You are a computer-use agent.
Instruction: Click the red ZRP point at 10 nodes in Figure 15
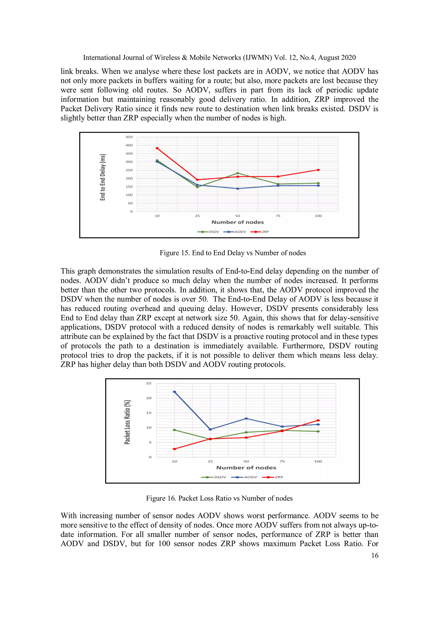[157, 148]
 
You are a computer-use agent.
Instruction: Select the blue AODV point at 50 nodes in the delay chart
[238, 188]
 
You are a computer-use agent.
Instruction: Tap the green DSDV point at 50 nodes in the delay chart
[238, 173]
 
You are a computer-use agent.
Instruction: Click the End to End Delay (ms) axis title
[103, 177]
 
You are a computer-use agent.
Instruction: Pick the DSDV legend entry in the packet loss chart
[214, 477]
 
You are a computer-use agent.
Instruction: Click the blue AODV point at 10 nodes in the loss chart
[174, 392]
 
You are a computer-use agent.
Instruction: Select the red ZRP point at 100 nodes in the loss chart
[318, 421]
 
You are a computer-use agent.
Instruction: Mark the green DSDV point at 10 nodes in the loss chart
[174, 430]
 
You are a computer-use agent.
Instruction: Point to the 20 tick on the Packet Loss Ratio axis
[149, 398]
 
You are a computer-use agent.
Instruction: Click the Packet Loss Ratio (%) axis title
[127, 422]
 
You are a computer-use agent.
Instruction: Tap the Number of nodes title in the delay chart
[238, 222]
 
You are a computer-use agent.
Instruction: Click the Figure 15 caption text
[233, 253]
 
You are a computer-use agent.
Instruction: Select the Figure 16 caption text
[219, 498]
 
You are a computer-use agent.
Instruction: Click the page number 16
[375, 556]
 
